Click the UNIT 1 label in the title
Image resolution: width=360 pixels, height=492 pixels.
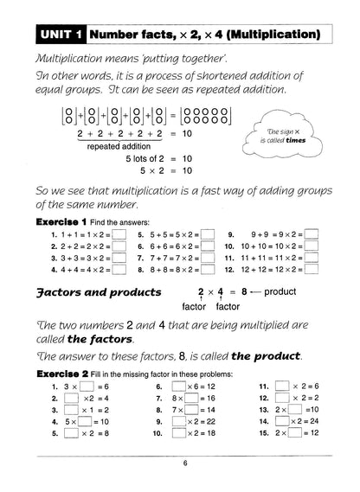(60, 35)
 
